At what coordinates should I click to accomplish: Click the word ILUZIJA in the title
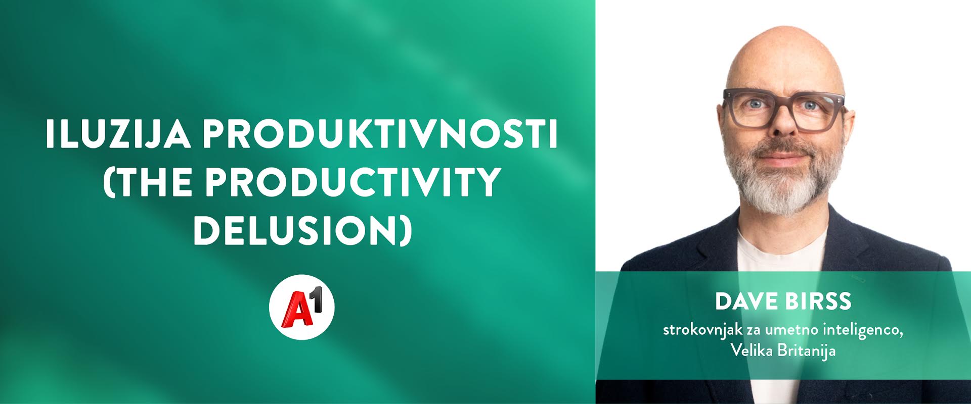(x=118, y=134)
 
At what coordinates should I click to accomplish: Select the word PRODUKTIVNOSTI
(x=380, y=134)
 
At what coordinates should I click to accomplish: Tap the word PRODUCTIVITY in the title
(x=353, y=182)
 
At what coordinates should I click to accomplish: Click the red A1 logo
(x=302, y=307)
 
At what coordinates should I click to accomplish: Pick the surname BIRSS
(x=818, y=301)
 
